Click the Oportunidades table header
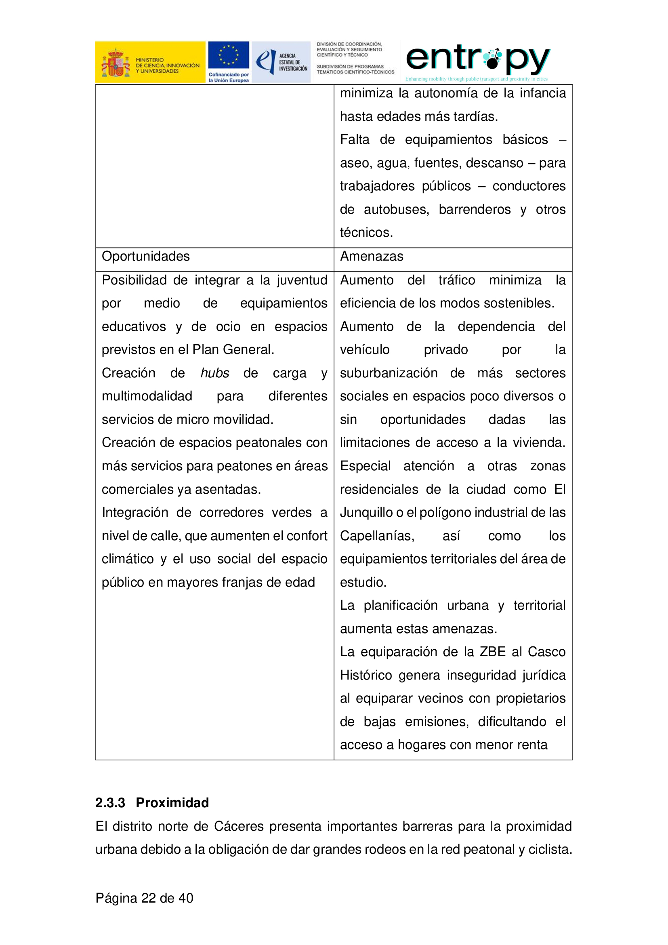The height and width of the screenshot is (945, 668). pyautogui.click(x=146, y=257)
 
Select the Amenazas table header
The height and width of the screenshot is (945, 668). pyautogui.click(x=372, y=257)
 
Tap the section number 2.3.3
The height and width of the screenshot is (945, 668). pyautogui.click(x=110, y=803)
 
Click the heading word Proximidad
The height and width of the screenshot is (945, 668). pyautogui.click(x=172, y=803)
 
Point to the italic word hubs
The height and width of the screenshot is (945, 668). pyautogui.click(x=215, y=373)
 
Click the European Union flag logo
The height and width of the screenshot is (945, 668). pyautogui.click(x=228, y=55)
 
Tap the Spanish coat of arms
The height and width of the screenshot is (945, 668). pyautogui.click(x=116, y=63)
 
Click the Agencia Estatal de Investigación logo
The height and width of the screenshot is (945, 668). pyautogui.click(x=281, y=62)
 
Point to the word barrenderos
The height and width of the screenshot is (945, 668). pyautogui.click(x=475, y=210)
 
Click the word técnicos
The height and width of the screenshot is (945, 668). pyautogui.click(x=366, y=233)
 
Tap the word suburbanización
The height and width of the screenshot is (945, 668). pyautogui.click(x=389, y=373)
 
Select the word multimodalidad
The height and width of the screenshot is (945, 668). pyautogui.click(x=147, y=396)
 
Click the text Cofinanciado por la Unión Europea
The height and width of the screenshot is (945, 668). pyautogui.click(x=228, y=78)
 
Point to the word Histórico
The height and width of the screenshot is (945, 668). pyautogui.click(x=366, y=676)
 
